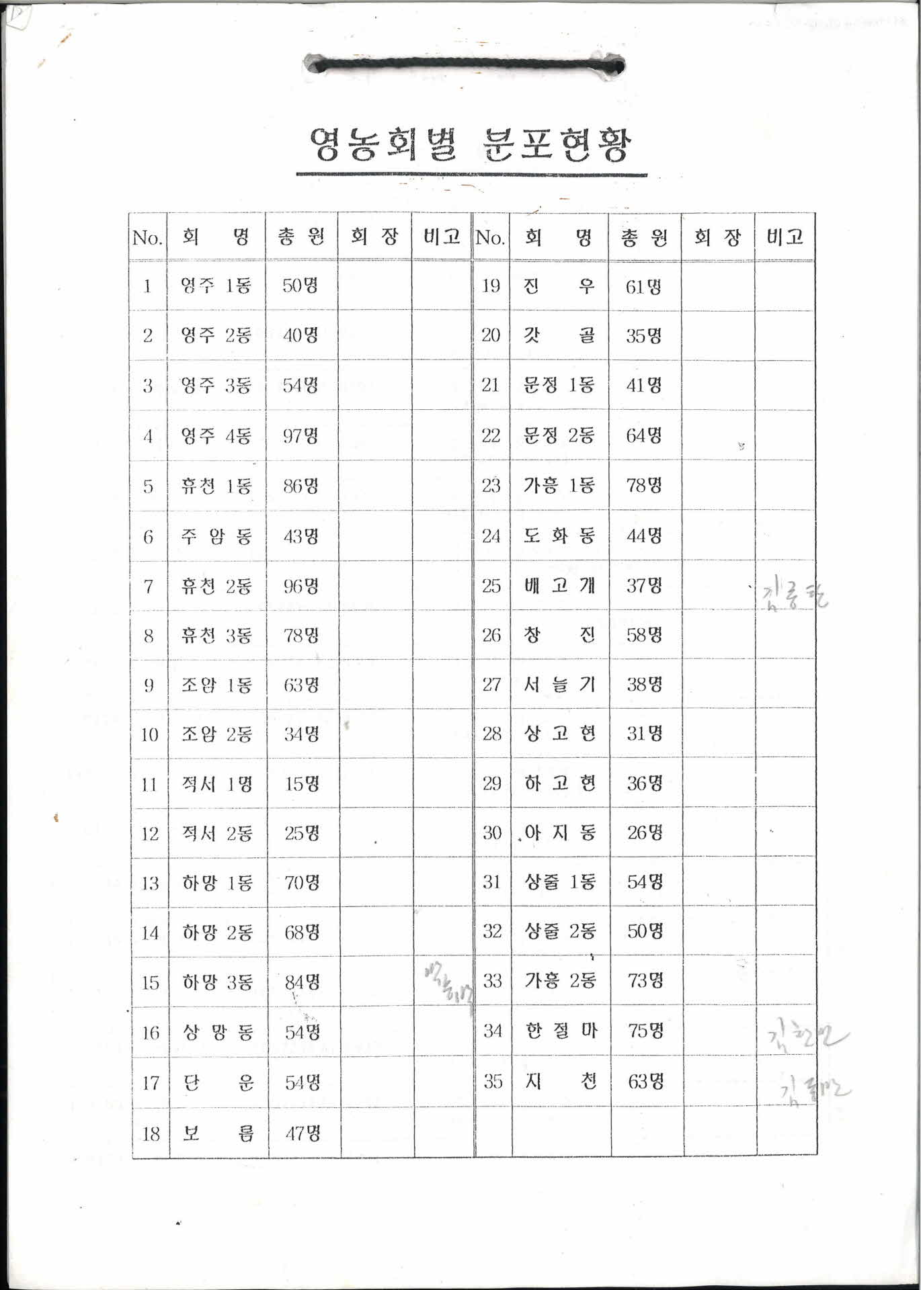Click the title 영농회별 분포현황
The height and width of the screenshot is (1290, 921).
471,145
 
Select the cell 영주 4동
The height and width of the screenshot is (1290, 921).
216,436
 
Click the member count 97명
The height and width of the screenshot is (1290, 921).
301,436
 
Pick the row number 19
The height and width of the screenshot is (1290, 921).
491,286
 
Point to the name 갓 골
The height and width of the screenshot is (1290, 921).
559,335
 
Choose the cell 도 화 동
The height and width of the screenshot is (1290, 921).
559,535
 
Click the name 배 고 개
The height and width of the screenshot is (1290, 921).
559,586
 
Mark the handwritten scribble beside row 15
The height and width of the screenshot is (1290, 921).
448,985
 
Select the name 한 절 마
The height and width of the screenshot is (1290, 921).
560,1031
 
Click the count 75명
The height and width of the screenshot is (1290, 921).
645,1031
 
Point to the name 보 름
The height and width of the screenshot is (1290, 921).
218,1134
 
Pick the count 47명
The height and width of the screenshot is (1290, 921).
303,1134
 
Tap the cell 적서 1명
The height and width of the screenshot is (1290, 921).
216,784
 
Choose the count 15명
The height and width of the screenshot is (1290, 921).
302,784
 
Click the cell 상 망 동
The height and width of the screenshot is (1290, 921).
217,1033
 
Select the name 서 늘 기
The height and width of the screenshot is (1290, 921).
559,685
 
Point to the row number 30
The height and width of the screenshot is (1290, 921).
492,833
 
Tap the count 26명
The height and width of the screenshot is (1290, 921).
645,833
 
